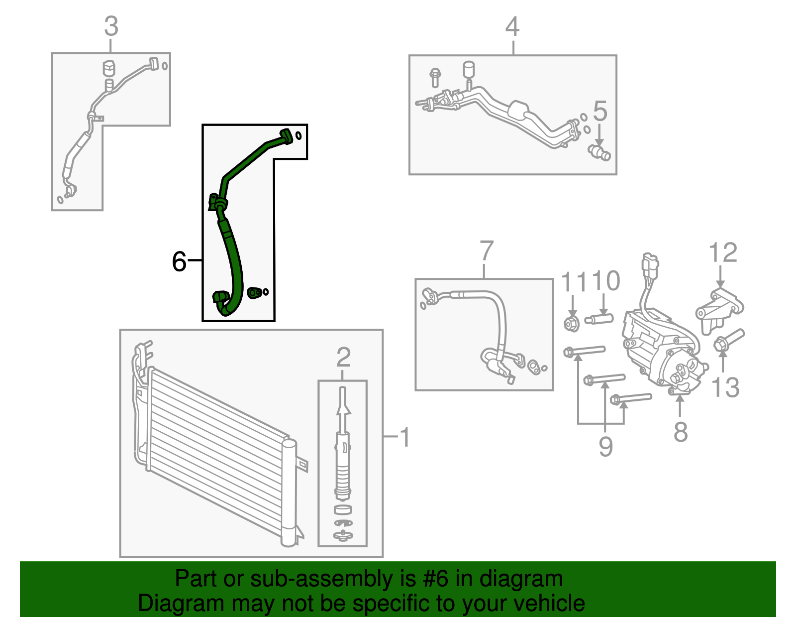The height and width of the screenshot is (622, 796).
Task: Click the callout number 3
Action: click(111, 26)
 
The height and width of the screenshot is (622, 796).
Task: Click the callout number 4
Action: click(512, 26)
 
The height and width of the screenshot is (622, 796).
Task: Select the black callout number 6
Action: click(179, 261)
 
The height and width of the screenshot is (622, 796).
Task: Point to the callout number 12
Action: click(722, 252)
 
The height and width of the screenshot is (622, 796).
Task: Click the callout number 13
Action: click(725, 387)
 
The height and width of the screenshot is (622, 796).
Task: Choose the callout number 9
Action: click(605, 446)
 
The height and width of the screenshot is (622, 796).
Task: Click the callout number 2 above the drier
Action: click(343, 357)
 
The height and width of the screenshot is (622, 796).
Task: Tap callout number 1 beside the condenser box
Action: click(405, 437)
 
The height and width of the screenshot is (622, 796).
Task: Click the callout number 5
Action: click(600, 111)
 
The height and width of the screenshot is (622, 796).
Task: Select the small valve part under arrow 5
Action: click(599, 152)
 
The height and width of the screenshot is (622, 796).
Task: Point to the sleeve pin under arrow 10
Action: click(599, 318)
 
